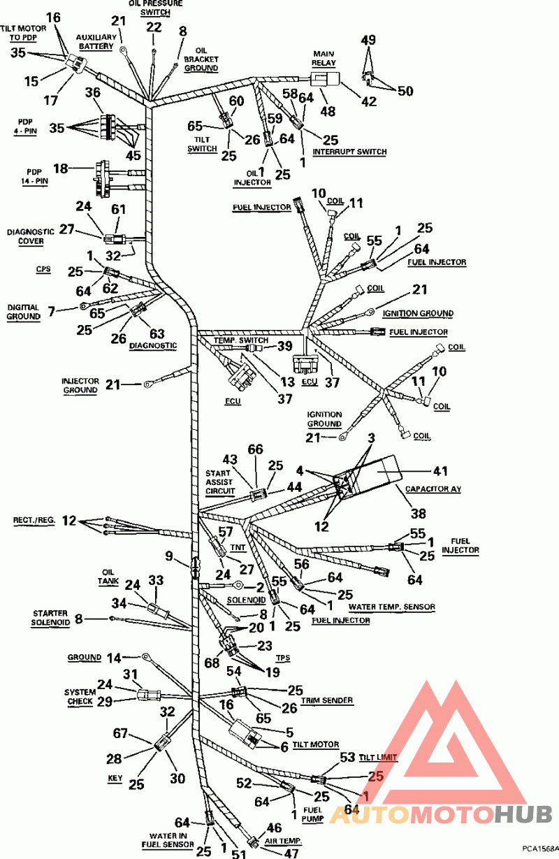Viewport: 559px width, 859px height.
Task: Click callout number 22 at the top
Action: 154,27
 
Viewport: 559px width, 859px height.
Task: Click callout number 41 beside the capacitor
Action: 441,471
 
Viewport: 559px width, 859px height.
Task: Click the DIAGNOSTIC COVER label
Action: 26,236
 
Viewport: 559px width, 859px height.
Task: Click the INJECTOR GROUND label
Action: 79,385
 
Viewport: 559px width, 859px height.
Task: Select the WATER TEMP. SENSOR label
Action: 391,607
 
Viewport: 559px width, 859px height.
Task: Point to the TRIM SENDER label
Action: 327,700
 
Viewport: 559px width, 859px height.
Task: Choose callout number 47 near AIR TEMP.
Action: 291,853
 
